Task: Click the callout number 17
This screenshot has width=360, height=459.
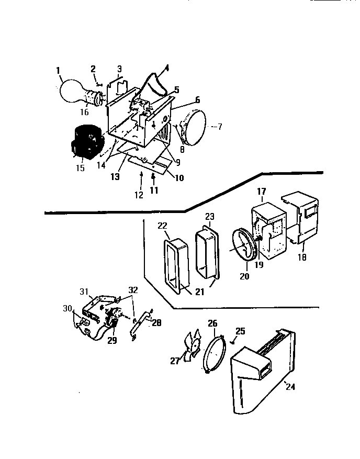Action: [263, 193]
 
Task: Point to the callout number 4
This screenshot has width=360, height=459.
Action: [166, 68]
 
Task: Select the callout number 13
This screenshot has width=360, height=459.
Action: [115, 177]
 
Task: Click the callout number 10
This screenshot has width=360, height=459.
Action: [178, 178]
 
